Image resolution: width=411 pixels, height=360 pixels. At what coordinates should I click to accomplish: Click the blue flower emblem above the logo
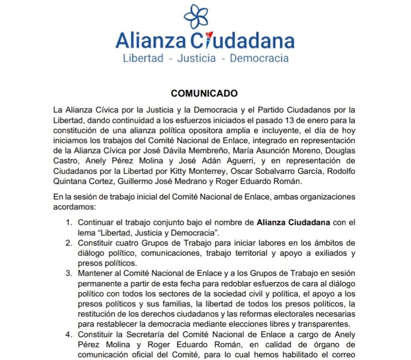(x=196, y=16)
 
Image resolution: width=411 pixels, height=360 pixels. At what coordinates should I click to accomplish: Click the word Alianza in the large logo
(x=151, y=41)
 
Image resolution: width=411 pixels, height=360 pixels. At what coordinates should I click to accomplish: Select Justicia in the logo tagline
(x=196, y=59)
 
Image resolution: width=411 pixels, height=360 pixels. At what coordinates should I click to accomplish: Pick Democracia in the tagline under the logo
(x=259, y=59)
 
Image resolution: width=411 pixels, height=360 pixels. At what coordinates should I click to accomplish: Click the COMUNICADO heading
(x=204, y=93)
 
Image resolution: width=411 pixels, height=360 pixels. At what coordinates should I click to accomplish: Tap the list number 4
(x=69, y=335)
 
